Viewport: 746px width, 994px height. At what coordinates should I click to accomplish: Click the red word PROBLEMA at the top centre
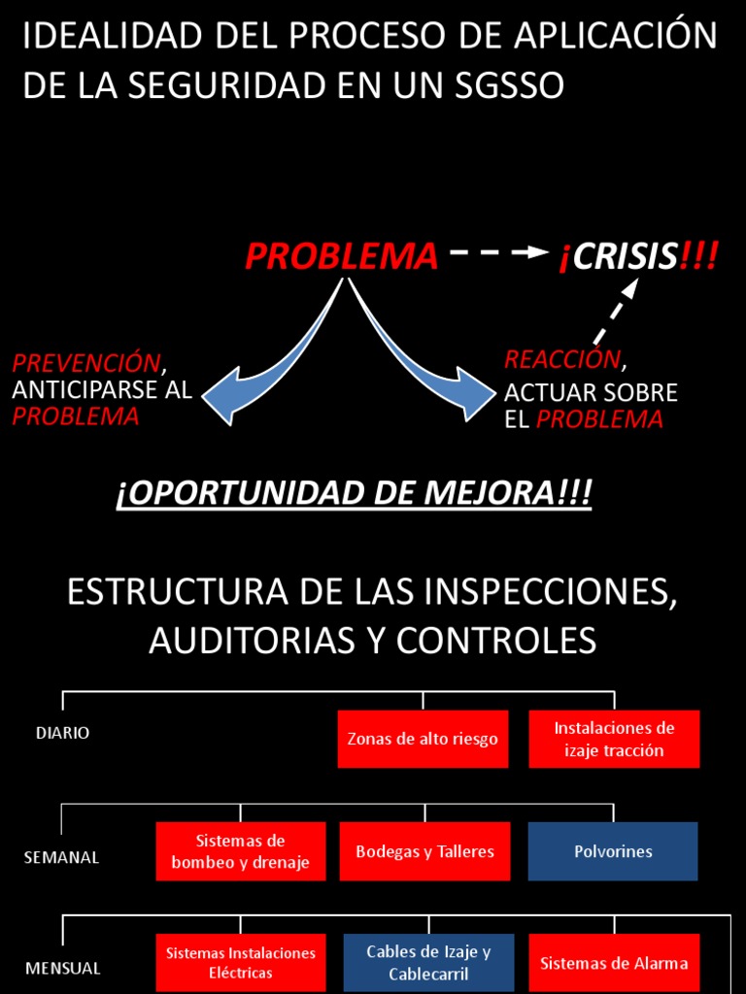click(x=341, y=256)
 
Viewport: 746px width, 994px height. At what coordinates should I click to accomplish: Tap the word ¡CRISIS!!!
click(x=637, y=256)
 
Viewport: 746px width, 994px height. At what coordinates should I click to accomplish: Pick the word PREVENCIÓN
click(x=85, y=363)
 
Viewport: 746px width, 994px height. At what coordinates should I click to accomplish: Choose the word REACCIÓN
click(x=561, y=359)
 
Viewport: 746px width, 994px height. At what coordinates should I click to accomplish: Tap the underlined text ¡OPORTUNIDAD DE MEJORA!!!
click(x=354, y=493)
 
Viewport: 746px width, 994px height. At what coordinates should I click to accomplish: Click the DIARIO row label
click(x=62, y=733)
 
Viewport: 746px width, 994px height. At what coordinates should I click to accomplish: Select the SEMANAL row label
click(x=61, y=858)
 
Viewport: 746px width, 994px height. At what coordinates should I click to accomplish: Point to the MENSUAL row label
click(x=62, y=968)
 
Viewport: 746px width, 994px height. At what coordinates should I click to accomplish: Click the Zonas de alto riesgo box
click(x=423, y=739)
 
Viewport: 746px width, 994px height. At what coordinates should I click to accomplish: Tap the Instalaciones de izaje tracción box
click(x=614, y=739)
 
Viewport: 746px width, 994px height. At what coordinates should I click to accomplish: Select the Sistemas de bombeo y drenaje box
click(x=240, y=851)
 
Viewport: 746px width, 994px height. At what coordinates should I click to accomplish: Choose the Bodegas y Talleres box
click(x=424, y=851)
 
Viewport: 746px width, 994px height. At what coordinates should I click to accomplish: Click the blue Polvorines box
click(x=613, y=851)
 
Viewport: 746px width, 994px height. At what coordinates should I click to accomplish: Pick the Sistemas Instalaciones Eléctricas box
click(x=240, y=963)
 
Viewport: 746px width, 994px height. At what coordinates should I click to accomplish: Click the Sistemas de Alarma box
click(x=614, y=963)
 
